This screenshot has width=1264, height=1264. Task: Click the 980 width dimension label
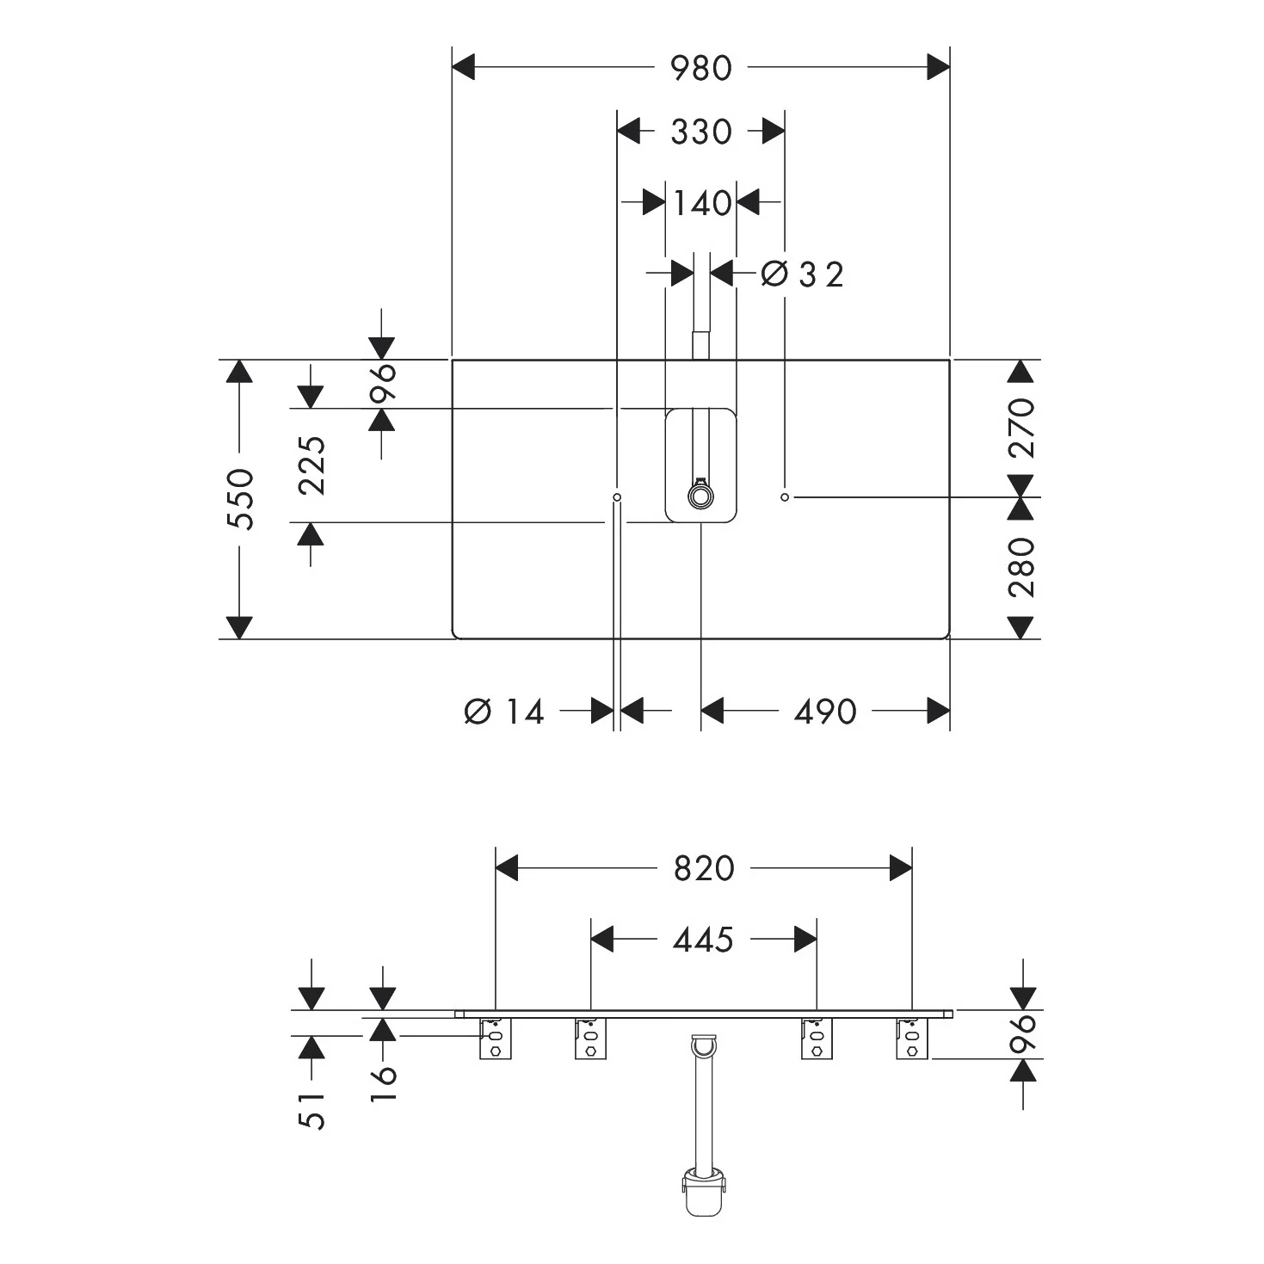coord(700,68)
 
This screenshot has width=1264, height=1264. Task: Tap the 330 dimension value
coord(700,132)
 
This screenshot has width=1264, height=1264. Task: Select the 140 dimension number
coord(702,203)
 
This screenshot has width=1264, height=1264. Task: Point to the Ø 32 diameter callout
coord(802,274)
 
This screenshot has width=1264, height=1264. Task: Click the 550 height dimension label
coord(240,499)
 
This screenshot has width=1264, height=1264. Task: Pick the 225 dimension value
coord(311,465)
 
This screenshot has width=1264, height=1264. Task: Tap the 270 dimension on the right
coord(1021,428)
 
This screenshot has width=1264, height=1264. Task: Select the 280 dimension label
coord(1021,567)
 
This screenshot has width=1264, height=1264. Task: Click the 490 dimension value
coord(825,712)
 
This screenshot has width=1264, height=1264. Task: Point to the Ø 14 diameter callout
coord(503,712)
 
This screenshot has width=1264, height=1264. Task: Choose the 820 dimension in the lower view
coord(704,868)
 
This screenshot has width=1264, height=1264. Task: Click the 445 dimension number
coord(703,940)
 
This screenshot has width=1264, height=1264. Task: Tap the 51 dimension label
coord(311,1111)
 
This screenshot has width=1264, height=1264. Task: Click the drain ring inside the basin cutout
coord(700,496)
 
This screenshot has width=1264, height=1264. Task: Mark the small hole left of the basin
coord(617,498)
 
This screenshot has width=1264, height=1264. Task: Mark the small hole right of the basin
coord(785,498)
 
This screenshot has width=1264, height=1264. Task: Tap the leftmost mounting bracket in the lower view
coord(496,1039)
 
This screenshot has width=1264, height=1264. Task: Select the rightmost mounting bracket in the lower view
coord(912,1039)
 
